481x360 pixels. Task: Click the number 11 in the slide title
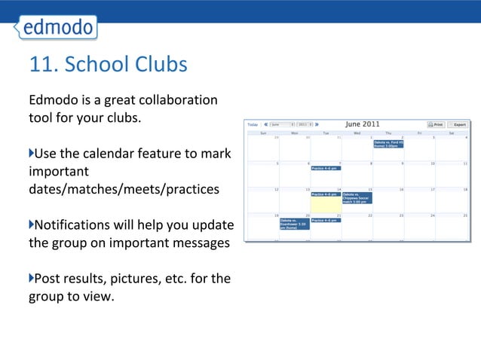(39, 66)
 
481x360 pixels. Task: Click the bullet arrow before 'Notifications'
(32, 224)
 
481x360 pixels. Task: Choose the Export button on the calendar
(458, 124)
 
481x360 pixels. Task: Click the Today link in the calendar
(253, 124)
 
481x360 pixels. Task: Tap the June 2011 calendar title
(363, 124)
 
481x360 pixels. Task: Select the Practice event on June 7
(326, 168)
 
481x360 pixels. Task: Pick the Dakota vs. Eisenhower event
(295, 224)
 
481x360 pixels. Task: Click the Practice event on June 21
(326, 220)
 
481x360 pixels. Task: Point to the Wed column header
(356, 133)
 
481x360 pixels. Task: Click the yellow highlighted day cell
(326, 204)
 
